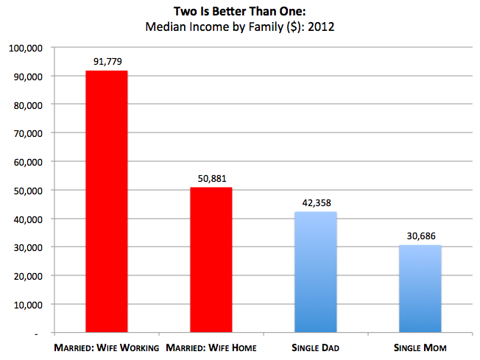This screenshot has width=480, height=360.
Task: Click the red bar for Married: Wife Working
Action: coord(107,202)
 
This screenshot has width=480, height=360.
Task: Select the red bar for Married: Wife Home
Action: coord(211,261)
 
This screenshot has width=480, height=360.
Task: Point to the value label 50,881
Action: coord(211,178)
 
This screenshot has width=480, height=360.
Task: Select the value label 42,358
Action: coord(316,202)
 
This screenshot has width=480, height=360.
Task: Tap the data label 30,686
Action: coord(420,236)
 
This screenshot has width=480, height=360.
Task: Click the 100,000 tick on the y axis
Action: coord(26,48)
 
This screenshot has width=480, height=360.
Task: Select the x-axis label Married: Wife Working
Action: coord(107,347)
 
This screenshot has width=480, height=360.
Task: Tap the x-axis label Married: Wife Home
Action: coord(211,347)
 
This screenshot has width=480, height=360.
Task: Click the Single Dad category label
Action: coord(316,347)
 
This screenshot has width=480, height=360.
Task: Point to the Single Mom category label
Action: coord(420,347)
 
